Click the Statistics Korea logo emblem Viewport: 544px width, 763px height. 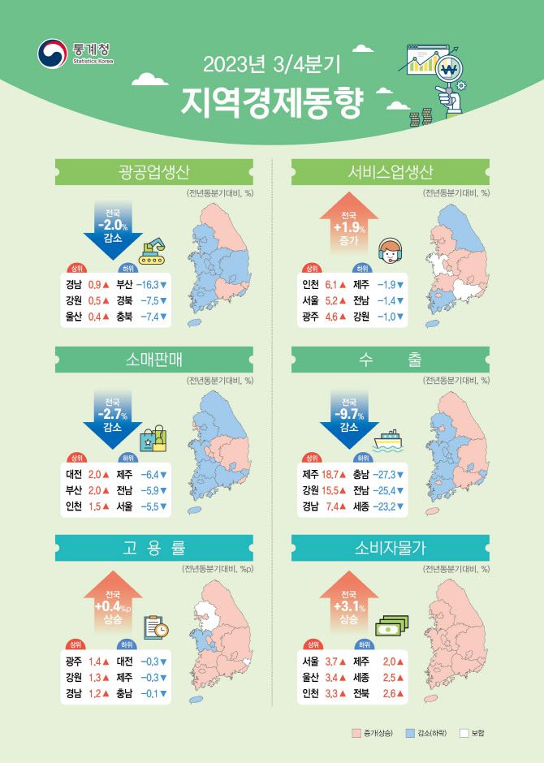coord(53,54)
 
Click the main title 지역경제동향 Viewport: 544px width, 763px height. coord(273,101)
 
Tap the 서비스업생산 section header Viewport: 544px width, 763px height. coord(391,171)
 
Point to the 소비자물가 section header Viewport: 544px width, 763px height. coord(391,548)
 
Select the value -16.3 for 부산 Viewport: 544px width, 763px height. coord(148,284)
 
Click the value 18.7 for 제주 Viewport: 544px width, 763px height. coord(333,474)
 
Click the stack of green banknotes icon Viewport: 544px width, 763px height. coord(391,626)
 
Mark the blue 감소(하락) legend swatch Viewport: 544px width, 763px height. coord(409,734)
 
